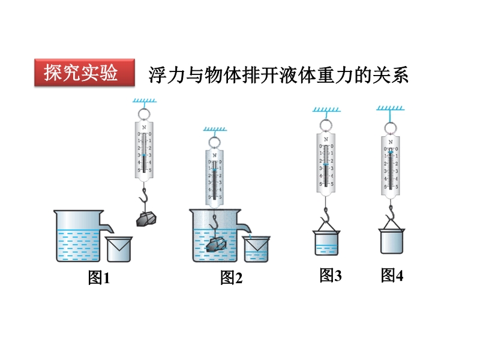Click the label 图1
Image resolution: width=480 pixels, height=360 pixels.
[x=100, y=278]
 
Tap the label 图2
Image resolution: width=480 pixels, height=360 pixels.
[x=231, y=278]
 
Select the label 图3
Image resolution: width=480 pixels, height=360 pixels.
[x=330, y=275]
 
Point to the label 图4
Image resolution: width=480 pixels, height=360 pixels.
[x=392, y=275]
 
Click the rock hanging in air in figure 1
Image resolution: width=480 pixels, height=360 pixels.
[x=146, y=218]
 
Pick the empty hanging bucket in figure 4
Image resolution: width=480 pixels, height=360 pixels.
[x=392, y=241]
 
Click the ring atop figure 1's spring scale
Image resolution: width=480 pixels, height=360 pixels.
[x=144, y=113]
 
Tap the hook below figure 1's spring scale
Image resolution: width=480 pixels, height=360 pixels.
[x=144, y=195]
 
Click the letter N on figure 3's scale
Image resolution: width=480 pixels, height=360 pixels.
[x=326, y=139]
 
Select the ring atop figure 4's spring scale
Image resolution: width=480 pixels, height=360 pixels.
[x=391, y=127]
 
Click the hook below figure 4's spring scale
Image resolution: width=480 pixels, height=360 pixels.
[x=391, y=211]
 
